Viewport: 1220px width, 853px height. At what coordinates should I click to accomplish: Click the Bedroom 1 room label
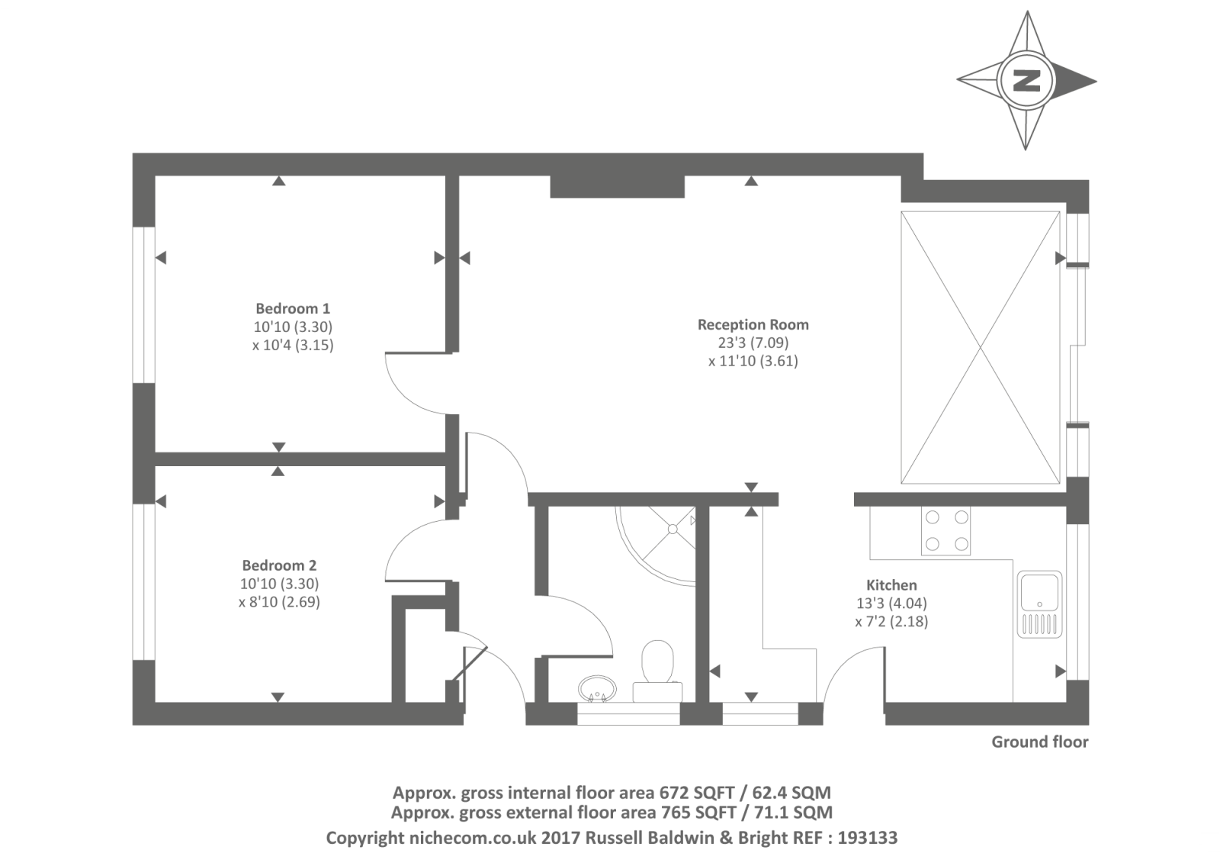[x=293, y=309]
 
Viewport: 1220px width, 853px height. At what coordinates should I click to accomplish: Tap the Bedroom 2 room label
[x=279, y=565]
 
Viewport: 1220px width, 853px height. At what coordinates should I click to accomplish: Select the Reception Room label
[x=753, y=325]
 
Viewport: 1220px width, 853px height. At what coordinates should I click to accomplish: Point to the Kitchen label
[x=891, y=585]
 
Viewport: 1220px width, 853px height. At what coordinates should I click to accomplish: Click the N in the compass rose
[x=1027, y=79]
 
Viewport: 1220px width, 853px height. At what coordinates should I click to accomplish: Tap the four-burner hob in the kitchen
[x=947, y=532]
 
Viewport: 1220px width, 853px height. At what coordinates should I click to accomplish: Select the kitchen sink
[x=1038, y=604]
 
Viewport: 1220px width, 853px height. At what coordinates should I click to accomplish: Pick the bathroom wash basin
[x=596, y=688]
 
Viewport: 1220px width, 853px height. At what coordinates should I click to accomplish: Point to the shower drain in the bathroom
[x=673, y=526]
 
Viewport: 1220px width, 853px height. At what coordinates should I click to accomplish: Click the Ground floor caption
[x=1039, y=742]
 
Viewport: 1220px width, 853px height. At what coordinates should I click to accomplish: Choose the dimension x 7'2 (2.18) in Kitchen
[x=891, y=622]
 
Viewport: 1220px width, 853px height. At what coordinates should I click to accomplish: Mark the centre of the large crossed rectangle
[x=981, y=348]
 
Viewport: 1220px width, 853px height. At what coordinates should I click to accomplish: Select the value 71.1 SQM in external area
[x=793, y=813]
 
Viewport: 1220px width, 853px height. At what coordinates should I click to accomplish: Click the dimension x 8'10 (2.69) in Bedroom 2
[x=279, y=602]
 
